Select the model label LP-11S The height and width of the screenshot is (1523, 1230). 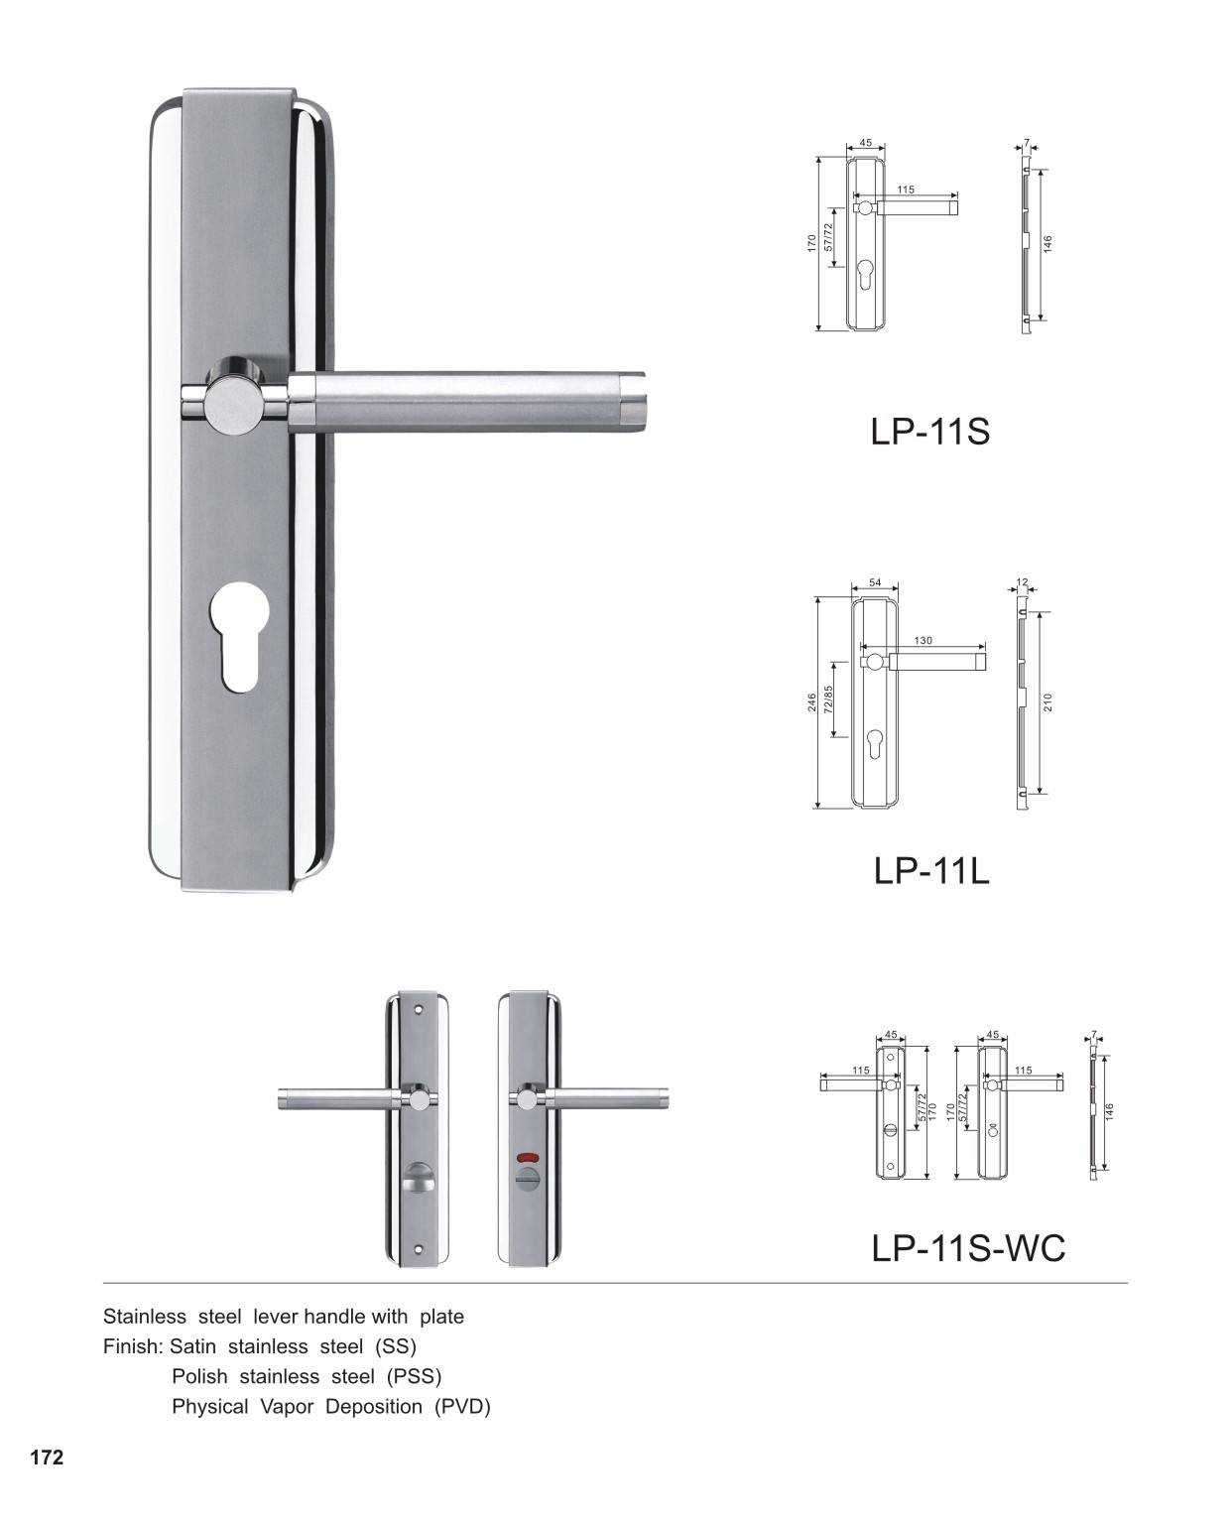929,432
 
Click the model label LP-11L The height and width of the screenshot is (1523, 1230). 931,870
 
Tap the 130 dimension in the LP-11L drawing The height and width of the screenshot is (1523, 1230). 923,641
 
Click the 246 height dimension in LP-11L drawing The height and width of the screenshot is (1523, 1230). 812,702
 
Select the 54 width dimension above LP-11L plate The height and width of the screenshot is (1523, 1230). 876,582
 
